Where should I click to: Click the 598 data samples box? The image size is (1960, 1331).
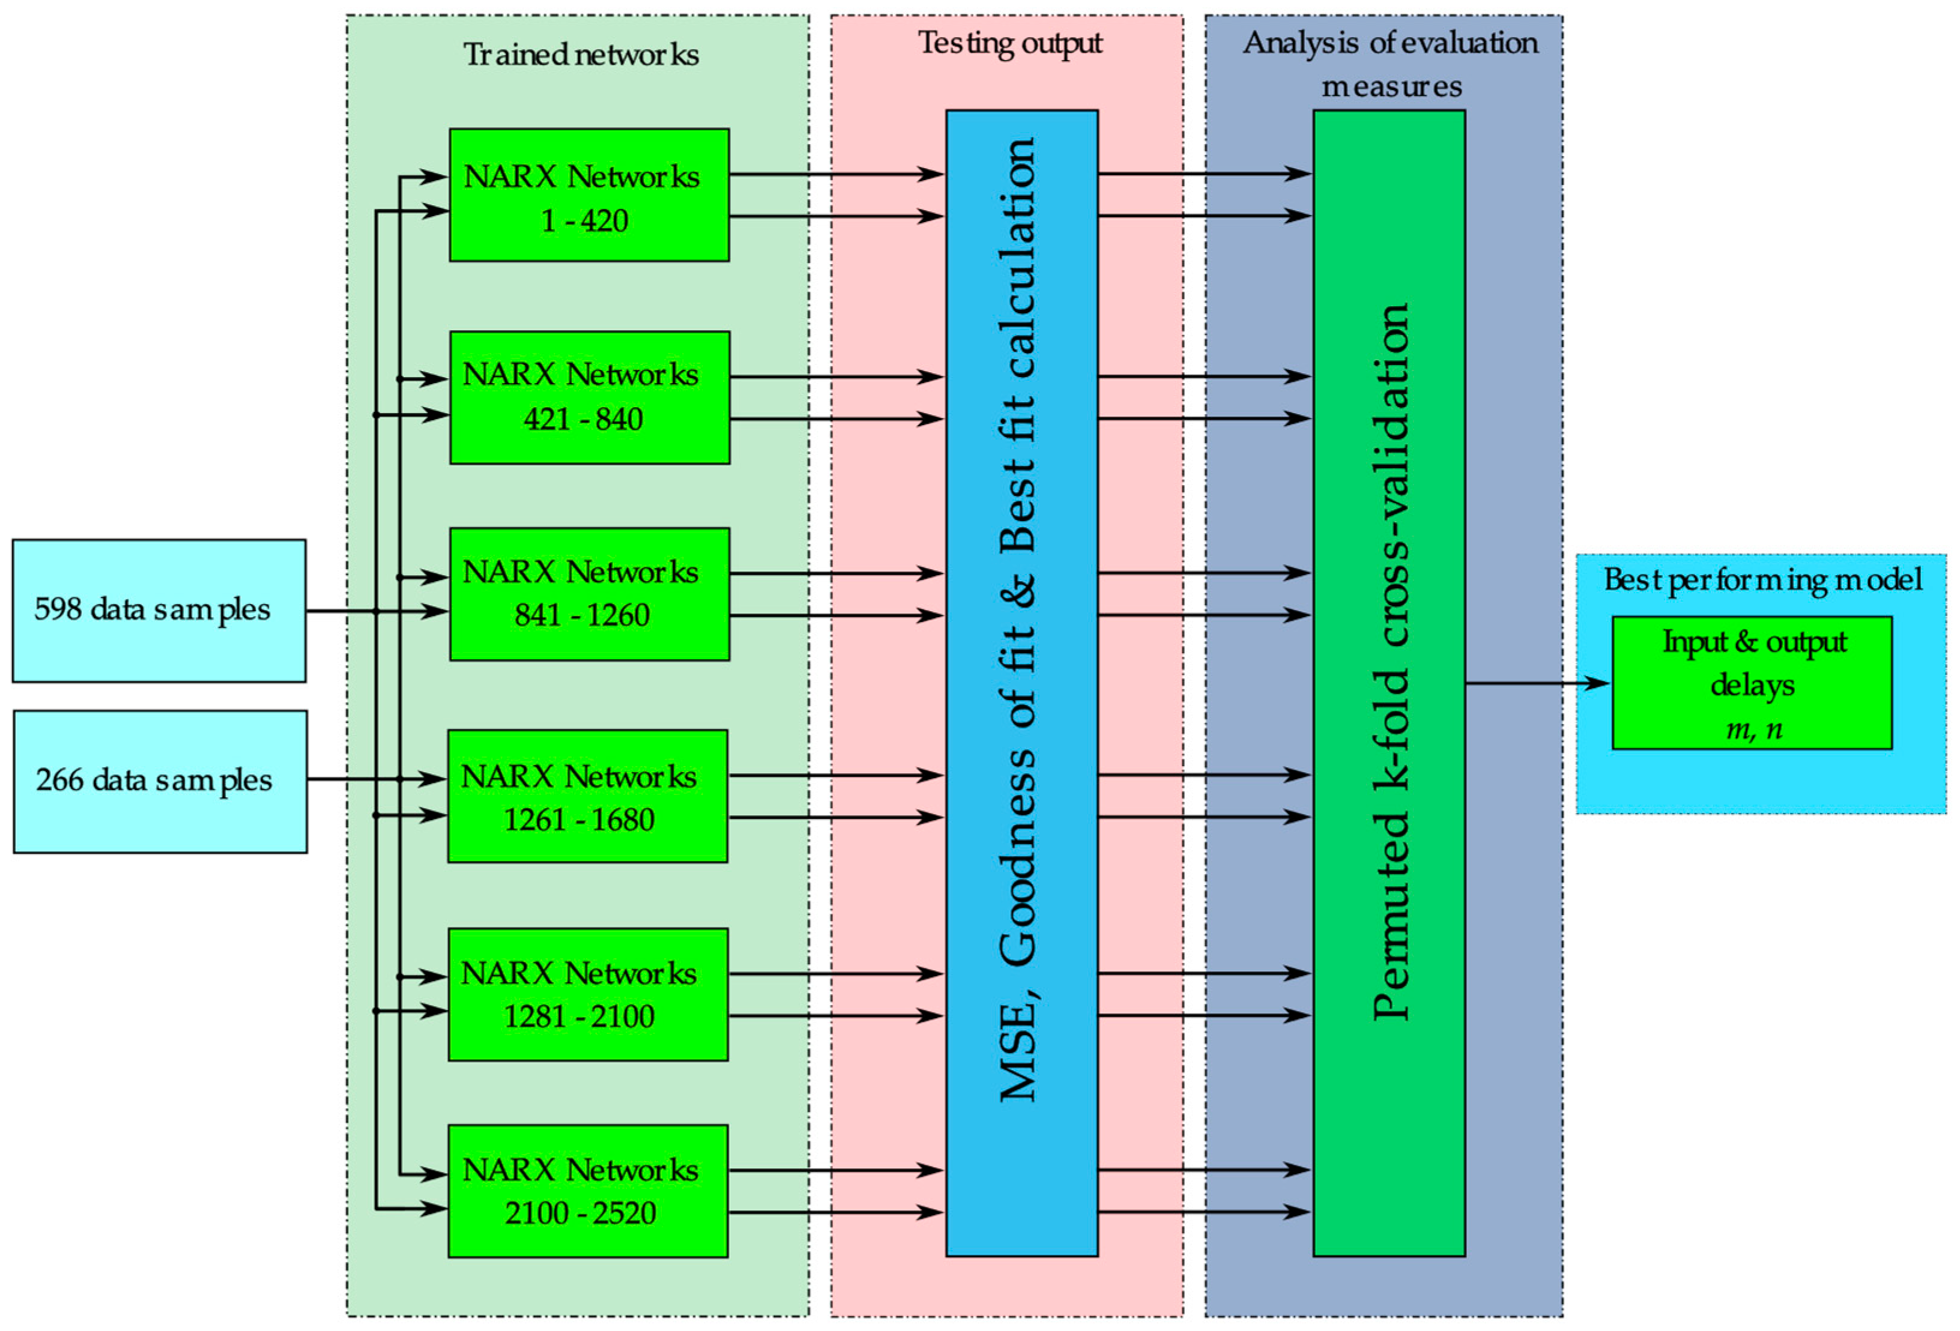(x=159, y=611)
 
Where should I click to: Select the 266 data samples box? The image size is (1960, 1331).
(x=160, y=782)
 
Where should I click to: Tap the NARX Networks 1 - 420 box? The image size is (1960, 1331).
(x=588, y=195)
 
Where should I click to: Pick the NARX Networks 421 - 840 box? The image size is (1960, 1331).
(x=588, y=397)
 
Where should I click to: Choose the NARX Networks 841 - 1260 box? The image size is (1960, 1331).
(x=588, y=593)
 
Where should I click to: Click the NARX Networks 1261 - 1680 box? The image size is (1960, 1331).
(x=587, y=795)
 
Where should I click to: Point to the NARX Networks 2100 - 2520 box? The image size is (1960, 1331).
(x=587, y=1191)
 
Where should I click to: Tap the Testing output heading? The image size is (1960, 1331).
(x=1009, y=43)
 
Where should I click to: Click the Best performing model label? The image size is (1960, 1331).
(x=1762, y=580)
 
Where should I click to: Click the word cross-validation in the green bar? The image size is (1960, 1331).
(x=1390, y=476)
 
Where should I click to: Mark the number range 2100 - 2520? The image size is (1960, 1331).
(x=580, y=1213)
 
